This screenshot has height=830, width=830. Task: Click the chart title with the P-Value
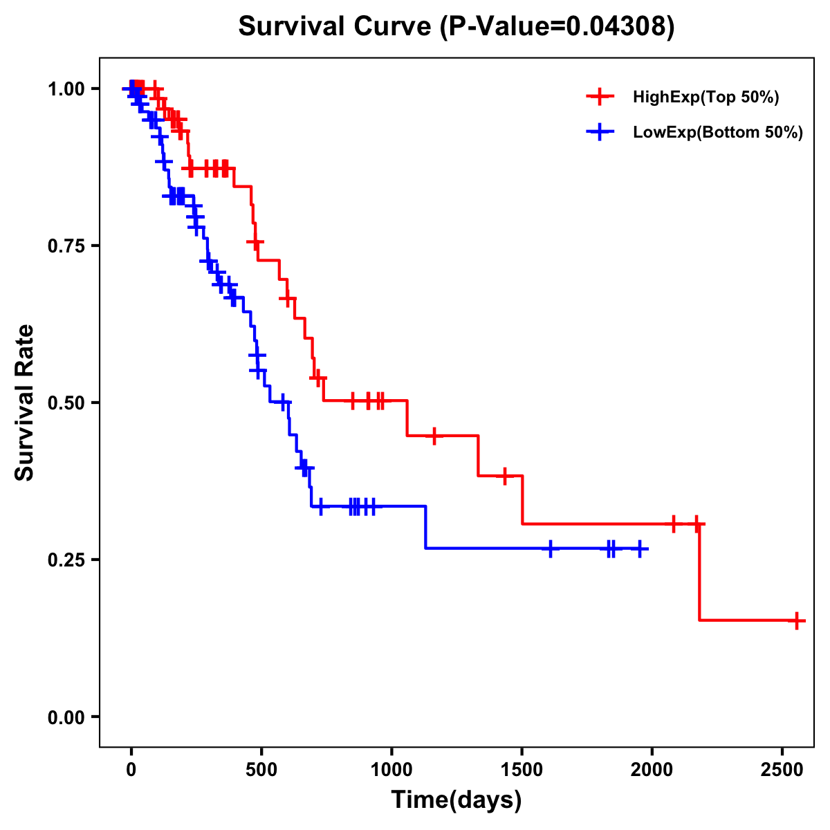(x=456, y=26)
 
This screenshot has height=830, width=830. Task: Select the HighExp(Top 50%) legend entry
(x=705, y=97)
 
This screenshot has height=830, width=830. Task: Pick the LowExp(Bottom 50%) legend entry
(x=717, y=132)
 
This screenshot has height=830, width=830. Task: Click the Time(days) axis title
(x=456, y=800)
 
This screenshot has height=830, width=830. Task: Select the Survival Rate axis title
(x=25, y=403)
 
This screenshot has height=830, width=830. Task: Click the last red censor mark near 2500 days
(x=797, y=620)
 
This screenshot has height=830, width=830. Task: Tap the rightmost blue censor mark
(x=640, y=548)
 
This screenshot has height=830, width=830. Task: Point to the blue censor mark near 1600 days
(x=550, y=548)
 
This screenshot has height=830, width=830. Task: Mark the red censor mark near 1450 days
(x=505, y=476)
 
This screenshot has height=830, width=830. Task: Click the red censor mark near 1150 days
(x=434, y=436)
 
